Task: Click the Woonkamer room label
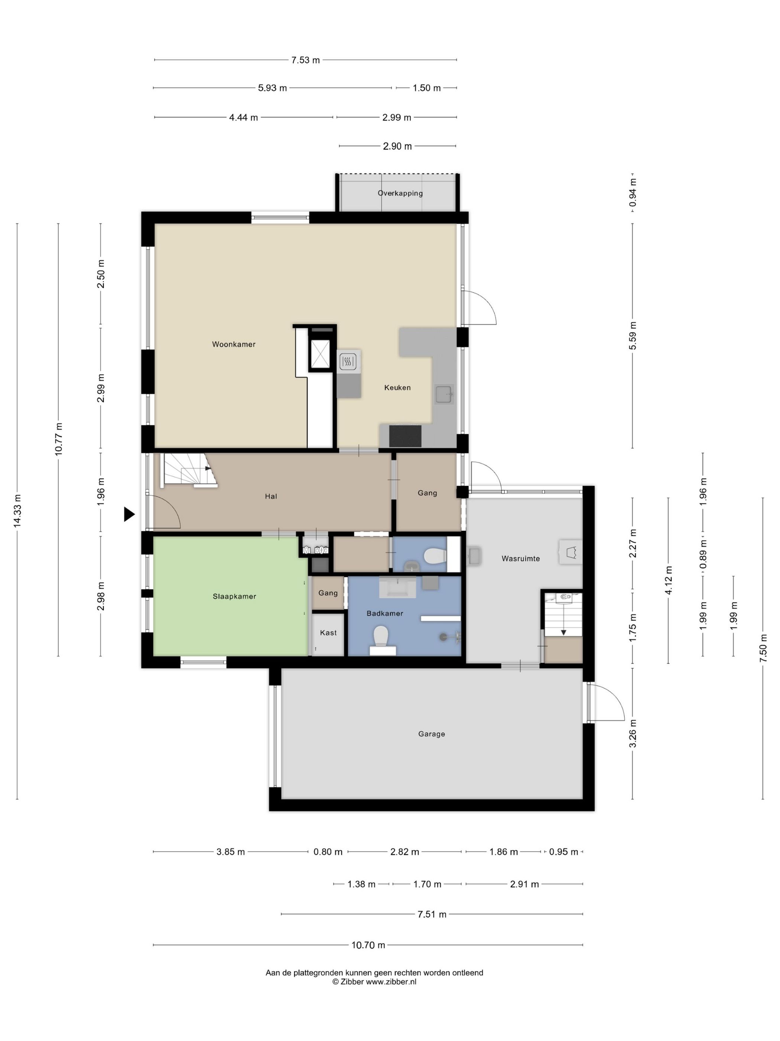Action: pyautogui.click(x=234, y=344)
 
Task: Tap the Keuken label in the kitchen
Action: pyautogui.click(x=397, y=387)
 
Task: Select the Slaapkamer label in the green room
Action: pyautogui.click(x=234, y=596)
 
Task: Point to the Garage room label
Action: pyautogui.click(x=431, y=734)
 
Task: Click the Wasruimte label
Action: pyautogui.click(x=520, y=559)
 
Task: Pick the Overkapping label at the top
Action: pyautogui.click(x=400, y=193)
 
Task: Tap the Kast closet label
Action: pyautogui.click(x=328, y=632)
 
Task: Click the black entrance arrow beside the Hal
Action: pyautogui.click(x=129, y=514)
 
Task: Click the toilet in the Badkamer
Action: pyautogui.click(x=380, y=636)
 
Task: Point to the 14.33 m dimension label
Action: pyautogui.click(x=17, y=510)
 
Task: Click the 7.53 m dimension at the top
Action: pyautogui.click(x=305, y=60)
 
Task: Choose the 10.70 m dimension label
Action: pyautogui.click(x=368, y=945)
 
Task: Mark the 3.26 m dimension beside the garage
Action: pyautogui.click(x=633, y=734)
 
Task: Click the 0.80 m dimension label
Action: pyautogui.click(x=328, y=851)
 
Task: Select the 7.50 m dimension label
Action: pyautogui.click(x=763, y=648)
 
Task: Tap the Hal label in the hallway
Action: pyautogui.click(x=271, y=496)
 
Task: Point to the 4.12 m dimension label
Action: pyautogui.click(x=669, y=580)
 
